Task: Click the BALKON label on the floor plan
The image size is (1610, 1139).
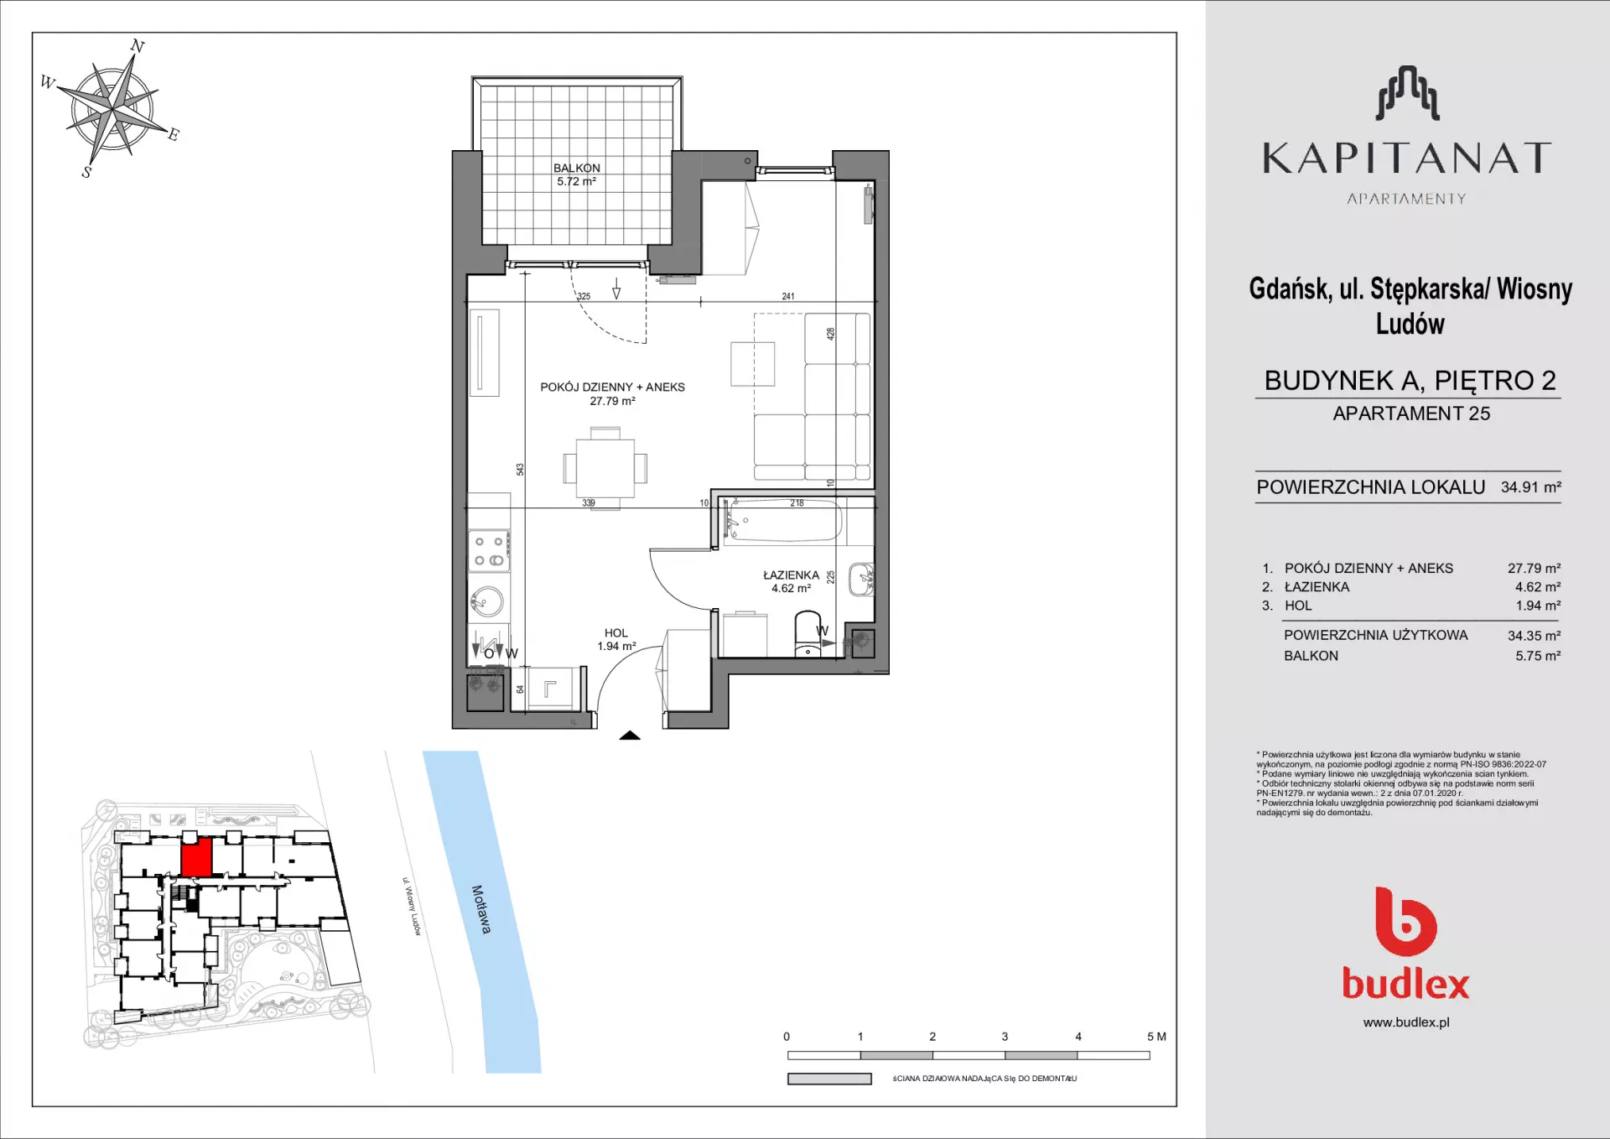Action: click(577, 168)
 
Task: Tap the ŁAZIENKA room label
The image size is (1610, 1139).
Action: click(791, 575)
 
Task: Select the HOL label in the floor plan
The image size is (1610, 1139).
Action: click(616, 633)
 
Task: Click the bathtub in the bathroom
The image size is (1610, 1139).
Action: click(782, 521)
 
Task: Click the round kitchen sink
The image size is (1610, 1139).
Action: click(487, 601)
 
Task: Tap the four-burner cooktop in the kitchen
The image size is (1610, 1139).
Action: click(489, 551)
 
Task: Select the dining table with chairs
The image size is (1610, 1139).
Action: click(605, 468)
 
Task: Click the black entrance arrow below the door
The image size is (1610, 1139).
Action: click(630, 736)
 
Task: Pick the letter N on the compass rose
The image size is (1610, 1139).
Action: click(138, 46)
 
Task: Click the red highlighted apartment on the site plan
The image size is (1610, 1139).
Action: click(196, 858)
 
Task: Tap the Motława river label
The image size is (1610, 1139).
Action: click(481, 909)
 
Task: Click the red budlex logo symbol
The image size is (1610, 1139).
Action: click(1406, 921)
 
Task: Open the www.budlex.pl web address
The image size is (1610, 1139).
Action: click(1406, 1022)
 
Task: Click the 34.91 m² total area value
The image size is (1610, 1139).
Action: click(1531, 487)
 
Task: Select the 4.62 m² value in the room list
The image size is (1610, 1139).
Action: click(1538, 587)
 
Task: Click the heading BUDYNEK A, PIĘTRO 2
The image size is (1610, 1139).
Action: click(1410, 381)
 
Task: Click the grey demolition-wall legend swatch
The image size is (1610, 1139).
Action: click(829, 1079)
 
